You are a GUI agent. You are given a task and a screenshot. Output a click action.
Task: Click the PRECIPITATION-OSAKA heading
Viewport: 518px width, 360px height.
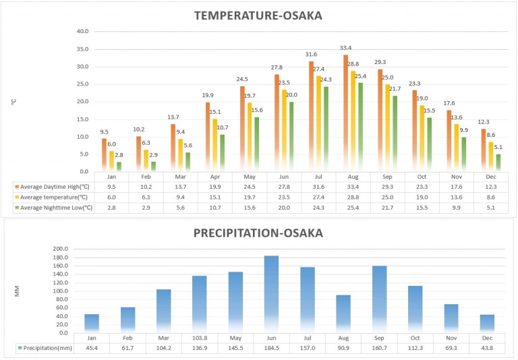[x=258, y=233]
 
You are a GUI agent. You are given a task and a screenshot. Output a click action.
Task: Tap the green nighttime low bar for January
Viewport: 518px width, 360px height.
[x=119, y=166]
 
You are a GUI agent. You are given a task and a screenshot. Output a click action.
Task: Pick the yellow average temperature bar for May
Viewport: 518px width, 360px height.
[x=250, y=136]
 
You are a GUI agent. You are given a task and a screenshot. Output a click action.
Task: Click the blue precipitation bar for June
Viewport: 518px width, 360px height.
[x=271, y=294]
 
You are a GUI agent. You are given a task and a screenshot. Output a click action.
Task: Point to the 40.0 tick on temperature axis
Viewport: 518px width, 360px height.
[x=83, y=31]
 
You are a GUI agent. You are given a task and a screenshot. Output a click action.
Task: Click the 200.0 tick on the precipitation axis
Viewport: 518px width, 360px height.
[x=61, y=249]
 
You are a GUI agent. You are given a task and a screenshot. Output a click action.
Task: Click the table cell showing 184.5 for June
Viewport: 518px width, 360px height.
[x=271, y=348]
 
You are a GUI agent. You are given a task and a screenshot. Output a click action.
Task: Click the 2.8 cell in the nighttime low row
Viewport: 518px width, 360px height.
[x=111, y=208]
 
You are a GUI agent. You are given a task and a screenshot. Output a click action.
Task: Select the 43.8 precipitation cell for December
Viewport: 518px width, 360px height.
[x=488, y=348]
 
